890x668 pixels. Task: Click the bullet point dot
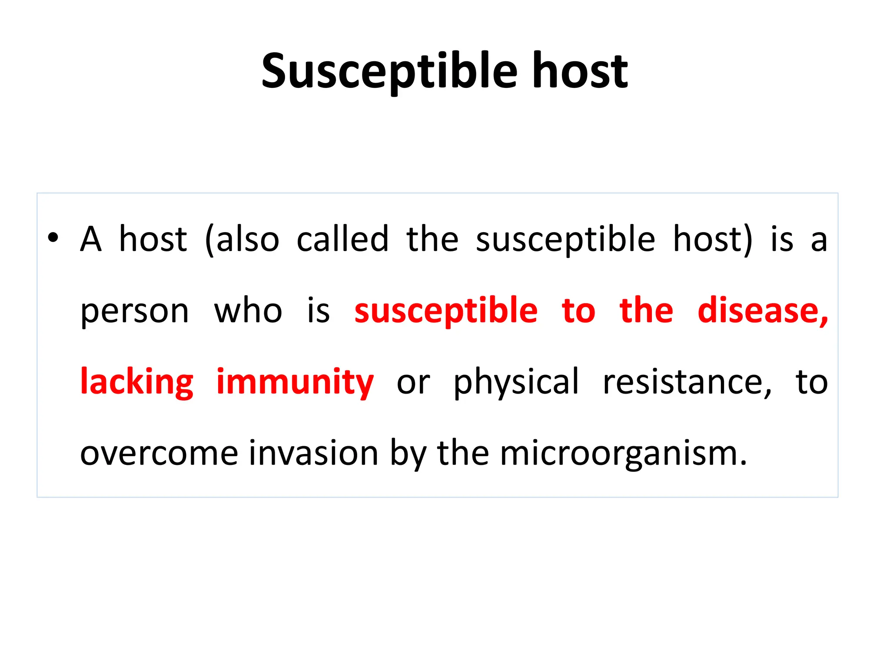[53, 238]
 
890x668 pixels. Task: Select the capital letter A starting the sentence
[91, 239]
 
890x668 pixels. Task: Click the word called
[342, 239]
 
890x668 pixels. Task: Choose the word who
[248, 311]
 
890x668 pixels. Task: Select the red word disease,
[763, 311]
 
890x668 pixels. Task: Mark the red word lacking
[137, 383]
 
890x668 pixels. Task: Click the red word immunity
[295, 383]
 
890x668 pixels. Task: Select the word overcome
[159, 454]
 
